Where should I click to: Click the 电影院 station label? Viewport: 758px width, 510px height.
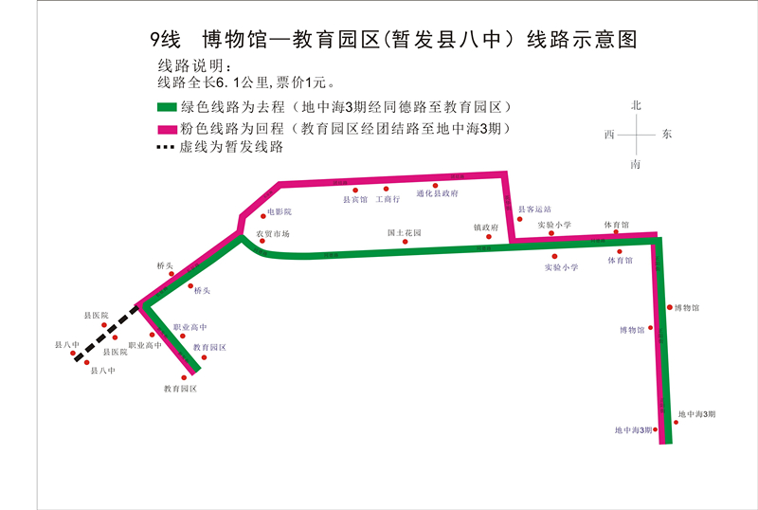pyautogui.click(x=280, y=211)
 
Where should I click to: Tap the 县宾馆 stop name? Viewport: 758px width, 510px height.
pyautogui.click(x=354, y=200)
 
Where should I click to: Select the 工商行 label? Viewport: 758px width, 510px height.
pyautogui.click(x=388, y=200)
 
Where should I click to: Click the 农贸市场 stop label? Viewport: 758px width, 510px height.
pyautogui.click(x=273, y=233)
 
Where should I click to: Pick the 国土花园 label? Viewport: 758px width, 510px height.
pyautogui.click(x=403, y=232)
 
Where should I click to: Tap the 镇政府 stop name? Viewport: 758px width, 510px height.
pyautogui.click(x=486, y=228)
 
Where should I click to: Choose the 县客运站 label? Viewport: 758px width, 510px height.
pyautogui.click(x=533, y=209)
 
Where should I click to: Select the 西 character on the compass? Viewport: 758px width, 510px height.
pyautogui.click(x=609, y=135)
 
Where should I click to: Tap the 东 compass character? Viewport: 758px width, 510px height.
pyautogui.click(x=666, y=135)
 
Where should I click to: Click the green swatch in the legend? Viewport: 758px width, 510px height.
pyautogui.click(x=166, y=107)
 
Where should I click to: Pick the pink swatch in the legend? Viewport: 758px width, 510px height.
pyautogui.click(x=166, y=128)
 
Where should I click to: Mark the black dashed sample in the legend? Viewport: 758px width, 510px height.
pyautogui.click(x=166, y=148)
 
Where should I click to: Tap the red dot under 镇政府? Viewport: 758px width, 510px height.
pyautogui.click(x=489, y=237)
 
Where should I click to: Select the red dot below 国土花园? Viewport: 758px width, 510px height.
pyautogui.click(x=406, y=241)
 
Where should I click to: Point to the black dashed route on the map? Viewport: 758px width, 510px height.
pyautogui.click(x=106, y=332)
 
